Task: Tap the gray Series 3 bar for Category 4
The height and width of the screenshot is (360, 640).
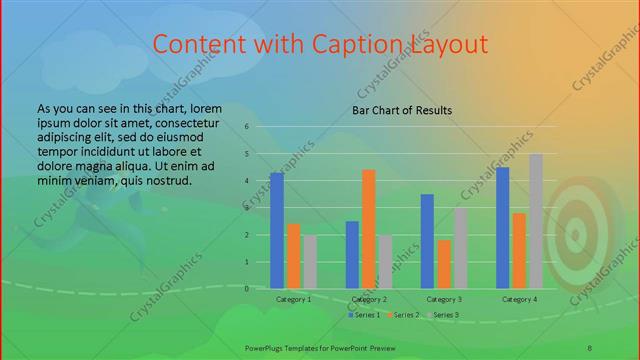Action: pos(536,221)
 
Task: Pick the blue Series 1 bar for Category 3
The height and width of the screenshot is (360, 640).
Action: pos(427,241)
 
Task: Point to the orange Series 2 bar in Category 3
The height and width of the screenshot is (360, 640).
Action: pos(443,264)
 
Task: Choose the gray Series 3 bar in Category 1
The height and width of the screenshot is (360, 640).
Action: pos(310,261)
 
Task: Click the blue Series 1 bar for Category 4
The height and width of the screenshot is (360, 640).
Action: pos(503,227)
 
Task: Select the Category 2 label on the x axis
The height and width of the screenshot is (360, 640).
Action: pos(369,299)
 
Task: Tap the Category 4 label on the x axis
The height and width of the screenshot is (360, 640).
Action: pos(519,299)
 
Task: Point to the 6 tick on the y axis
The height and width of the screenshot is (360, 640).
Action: pos(247,127)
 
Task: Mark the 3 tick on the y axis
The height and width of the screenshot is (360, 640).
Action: pos(247,208)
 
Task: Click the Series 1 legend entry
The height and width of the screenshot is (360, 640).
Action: pos(363,315)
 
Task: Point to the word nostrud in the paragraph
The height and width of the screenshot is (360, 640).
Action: pos(167,180)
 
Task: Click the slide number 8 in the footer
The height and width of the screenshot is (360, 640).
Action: pos(590,346)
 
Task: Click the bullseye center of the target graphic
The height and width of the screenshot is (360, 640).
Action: pos(577,236)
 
